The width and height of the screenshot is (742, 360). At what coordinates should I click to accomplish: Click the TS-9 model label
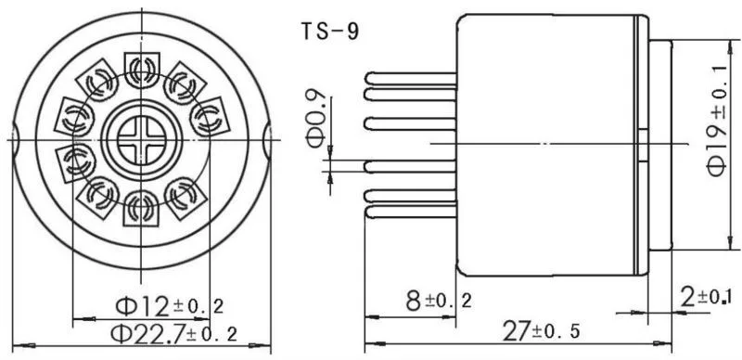[x=331, y=32]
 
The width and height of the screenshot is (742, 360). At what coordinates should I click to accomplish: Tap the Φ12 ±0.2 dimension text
[x=170, y=305]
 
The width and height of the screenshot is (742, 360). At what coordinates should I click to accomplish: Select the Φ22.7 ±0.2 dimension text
[x=173, y=334]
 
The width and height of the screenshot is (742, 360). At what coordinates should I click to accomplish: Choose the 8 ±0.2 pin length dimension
[x=439, y=301]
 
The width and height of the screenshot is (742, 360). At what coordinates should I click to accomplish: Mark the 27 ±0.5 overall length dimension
[x=541, y=331]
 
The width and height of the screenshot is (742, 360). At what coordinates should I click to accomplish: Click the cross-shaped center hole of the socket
[x=142, y=140]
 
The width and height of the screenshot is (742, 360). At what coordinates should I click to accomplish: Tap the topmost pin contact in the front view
[x=142, y=71]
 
